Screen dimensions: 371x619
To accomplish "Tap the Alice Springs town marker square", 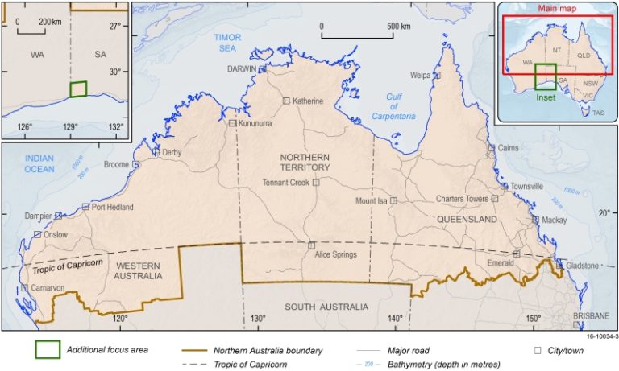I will pyautogui.click(x=311, y=245).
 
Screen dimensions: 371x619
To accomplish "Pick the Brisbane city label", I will pyautogui.click(x=592, y=316).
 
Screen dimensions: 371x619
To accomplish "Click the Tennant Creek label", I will pyautogui.click(x=286, y=183).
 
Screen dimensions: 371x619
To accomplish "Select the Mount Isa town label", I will pyautogui.click(x=372, y=201).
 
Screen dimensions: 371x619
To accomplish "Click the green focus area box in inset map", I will pyautogui.click(x=78, y=89).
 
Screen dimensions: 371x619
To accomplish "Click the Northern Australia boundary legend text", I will pyautogui.click(x=268, y=351).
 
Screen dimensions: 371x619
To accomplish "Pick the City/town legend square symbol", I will pyautogui.click(x=538, y=351).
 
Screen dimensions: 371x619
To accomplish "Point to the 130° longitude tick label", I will pyautogui.click(x=257, y=319).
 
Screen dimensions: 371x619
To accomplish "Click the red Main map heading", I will pyautogui.click(x=555, y=10).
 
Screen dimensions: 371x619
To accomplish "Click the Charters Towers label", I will pyautogui.click(x=462, y=199).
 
